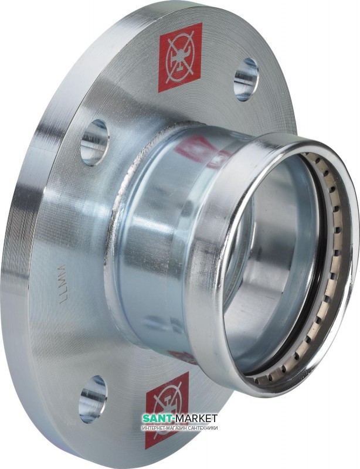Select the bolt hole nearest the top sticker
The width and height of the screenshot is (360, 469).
pos(246,79)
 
